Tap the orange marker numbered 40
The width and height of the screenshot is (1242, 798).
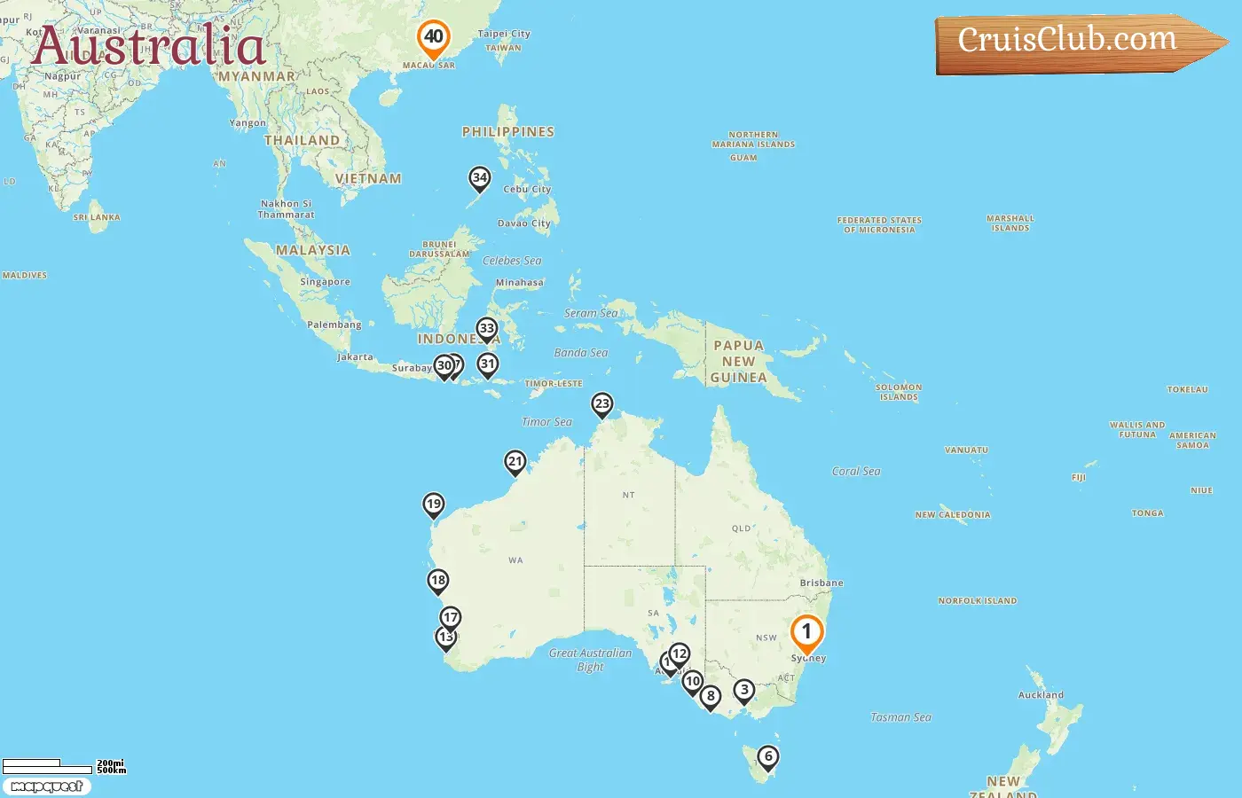[434, 38]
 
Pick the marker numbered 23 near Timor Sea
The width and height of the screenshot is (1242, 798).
[602, 405]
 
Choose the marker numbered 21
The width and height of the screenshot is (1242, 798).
[515, 462]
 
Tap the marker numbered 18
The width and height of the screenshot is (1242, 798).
[437, 582]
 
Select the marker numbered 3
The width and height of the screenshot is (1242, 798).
[744, 691]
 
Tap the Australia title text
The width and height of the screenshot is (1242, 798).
[148, 45]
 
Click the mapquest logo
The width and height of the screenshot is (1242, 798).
[47, 786]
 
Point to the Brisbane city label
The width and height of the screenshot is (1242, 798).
[821, 583]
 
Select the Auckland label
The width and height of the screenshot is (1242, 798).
[1041, 695]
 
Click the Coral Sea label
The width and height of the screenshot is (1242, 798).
[856, 472]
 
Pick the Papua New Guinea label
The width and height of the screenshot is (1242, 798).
[738, 362]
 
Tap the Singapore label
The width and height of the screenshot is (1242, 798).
[325, 282]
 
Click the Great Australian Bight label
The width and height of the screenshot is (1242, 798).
[590, 660]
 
